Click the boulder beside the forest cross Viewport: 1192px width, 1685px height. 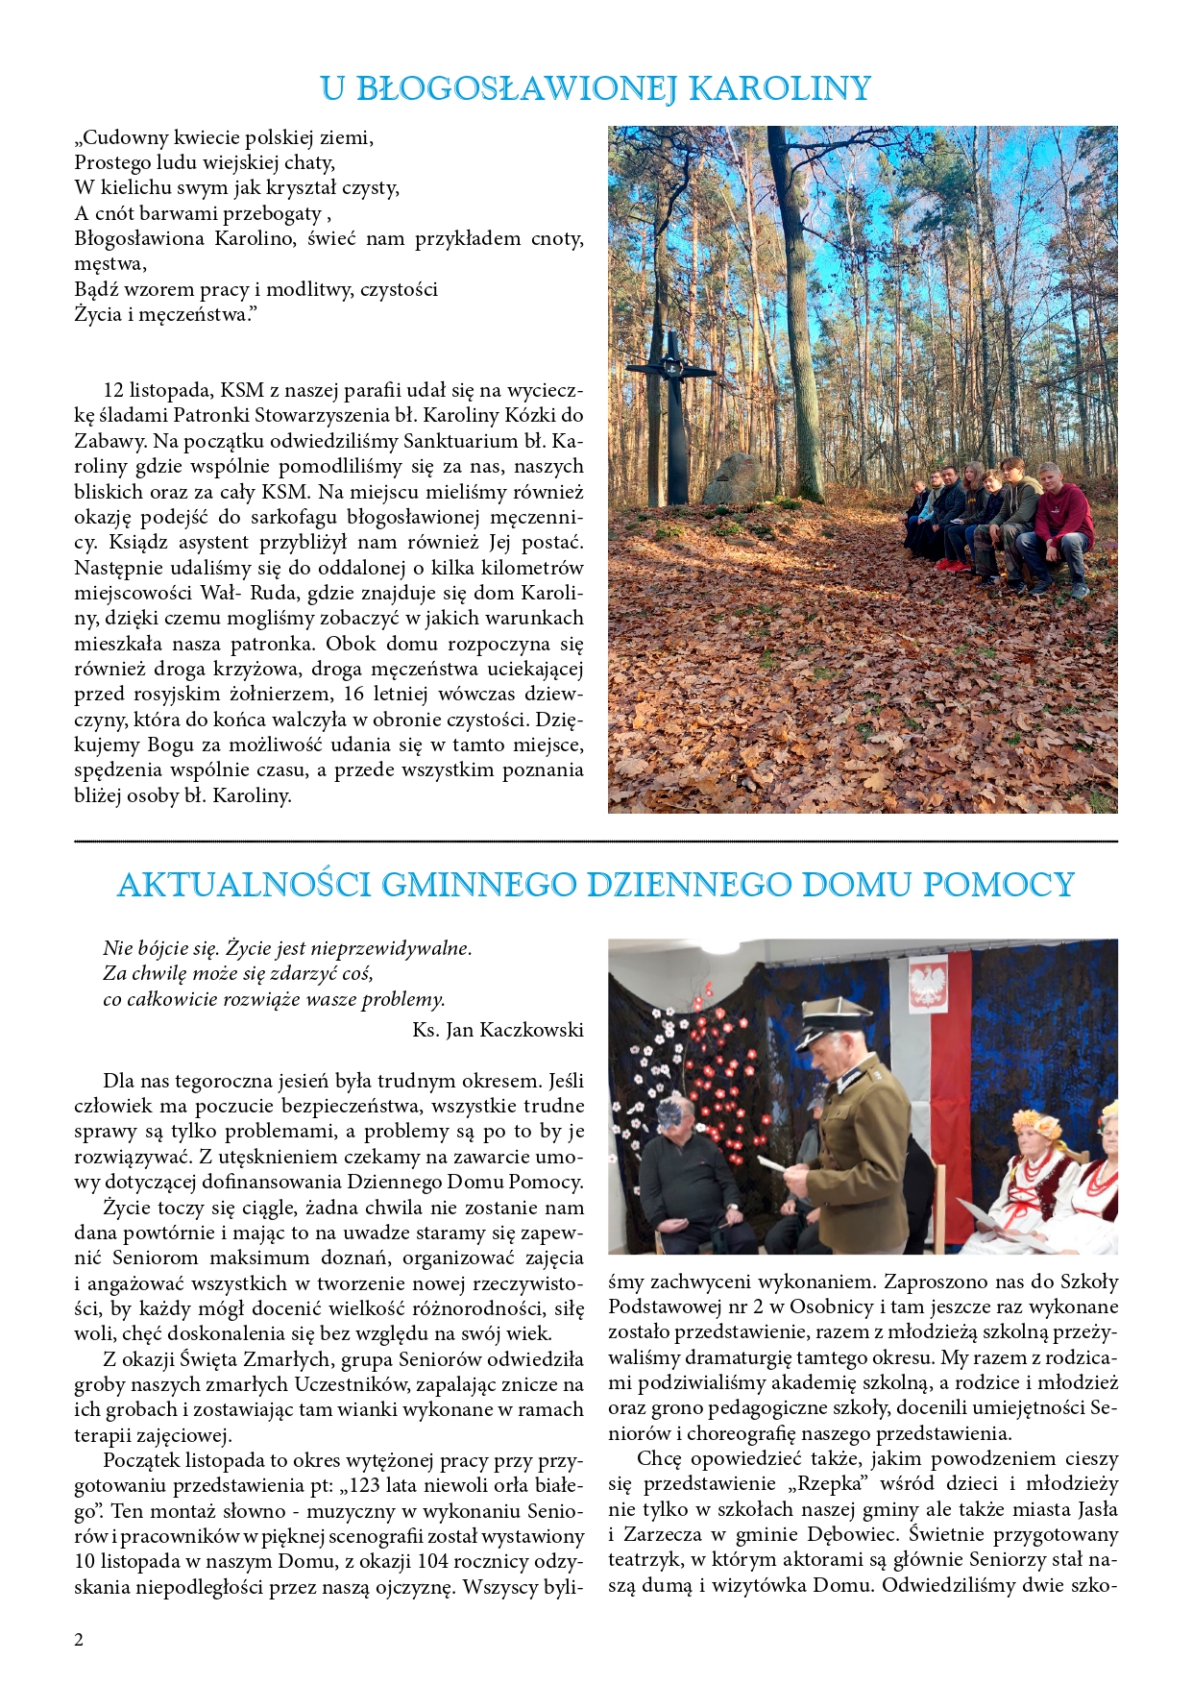(x=732, y=478)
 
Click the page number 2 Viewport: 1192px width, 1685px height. (x=79, y=1639)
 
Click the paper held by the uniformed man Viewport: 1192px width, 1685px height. (x=772, y=1165)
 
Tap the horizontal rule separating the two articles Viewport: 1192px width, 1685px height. (x=596, y=842)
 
